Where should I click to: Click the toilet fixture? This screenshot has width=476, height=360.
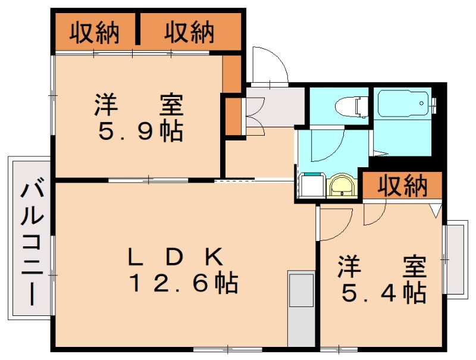point(350,107)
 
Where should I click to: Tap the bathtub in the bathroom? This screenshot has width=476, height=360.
point(403,105)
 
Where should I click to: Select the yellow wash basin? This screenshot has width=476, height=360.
point(341,186)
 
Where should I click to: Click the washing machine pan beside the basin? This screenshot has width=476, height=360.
point(311,185)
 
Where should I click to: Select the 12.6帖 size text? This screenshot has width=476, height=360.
point(184,284)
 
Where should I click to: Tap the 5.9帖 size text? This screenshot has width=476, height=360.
point(140,131)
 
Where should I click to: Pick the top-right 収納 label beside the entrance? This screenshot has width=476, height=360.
point(189,32)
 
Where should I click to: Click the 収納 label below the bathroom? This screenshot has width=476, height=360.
point(403,186)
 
